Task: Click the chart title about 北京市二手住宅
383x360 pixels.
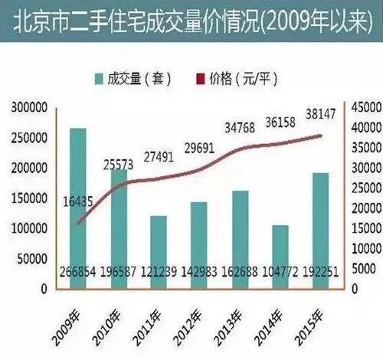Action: [x=191, y=18]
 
